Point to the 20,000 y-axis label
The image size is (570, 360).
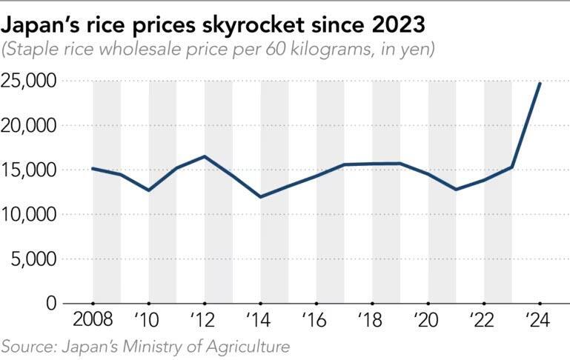click(29, 126)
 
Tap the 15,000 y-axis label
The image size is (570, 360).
click(29, 170)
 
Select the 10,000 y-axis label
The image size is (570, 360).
click(29, 215)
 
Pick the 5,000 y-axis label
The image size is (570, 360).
click(34, 259)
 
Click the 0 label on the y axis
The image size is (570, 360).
click(51, 304)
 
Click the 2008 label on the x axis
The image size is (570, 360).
click(93, 322)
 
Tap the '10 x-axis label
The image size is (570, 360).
click(149, 322)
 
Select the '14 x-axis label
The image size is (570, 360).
click(260, 322)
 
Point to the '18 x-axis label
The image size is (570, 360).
click(372, 322)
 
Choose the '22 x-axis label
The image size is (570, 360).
click(483, 322)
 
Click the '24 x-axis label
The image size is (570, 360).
click(540, 322)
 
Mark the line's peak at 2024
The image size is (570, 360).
click(540, 83)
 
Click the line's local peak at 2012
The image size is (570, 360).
click(205, 156)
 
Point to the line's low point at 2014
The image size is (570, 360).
click(260, 196)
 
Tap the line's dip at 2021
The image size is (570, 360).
click(456, 190)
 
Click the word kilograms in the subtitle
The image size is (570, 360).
click(331, 50)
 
